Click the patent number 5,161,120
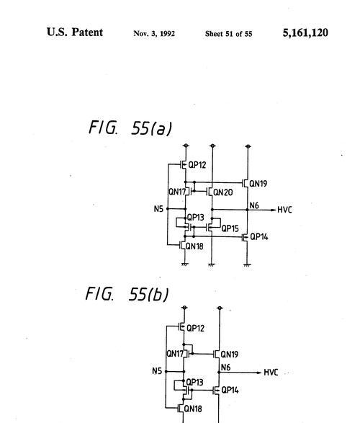(x=305, y=33)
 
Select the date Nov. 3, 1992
(x=154, y=33)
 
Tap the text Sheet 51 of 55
(x=228, y=34)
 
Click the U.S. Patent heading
(x=75, y=32)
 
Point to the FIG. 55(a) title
(x=130, y=128)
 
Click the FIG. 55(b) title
(x=127, y=293)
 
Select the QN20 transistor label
(x=223, y=192)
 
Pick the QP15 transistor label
(x=230, y=228)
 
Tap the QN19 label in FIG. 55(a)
(x=258, y=184)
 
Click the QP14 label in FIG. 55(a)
(x=259, y=237)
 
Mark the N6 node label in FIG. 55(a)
(x=254, y=205)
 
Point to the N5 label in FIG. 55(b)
(x=157, y=371)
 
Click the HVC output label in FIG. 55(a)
(x=284, y=210)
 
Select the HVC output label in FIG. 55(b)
(x=271, y=373)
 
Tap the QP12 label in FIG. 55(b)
(x=195, y=329)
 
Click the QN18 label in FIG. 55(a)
(x=194, y=246)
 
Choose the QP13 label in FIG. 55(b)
(x=194, y=382)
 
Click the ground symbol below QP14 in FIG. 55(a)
(x=247, y=265)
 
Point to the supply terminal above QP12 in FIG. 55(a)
(x=186, y=146)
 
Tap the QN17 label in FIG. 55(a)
(x=177, y=192)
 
